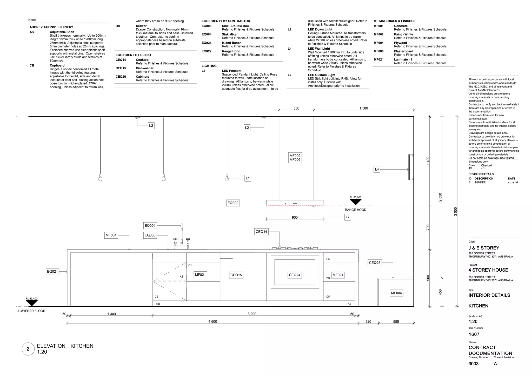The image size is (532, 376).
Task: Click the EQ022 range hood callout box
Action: tap(233, 203)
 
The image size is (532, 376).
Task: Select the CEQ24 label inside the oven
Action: tap(295, 275)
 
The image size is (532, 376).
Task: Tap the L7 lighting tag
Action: tap(348, 217)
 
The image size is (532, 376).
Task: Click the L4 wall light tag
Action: tap(377, 169)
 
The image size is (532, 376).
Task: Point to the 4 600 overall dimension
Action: tap(212, 321)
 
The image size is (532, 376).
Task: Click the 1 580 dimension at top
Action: tap(363, 108)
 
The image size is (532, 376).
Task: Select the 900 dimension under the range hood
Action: tap(295, 218)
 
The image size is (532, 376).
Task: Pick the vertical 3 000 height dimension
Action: tap(455, 211)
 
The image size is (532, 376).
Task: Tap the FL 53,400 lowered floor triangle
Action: tap(32, 303)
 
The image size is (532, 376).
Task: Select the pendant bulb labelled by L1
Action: tap(227, 179)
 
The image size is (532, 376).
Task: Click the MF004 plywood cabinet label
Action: tap(396, 293)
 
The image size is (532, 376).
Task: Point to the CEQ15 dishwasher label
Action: tap(236, 275)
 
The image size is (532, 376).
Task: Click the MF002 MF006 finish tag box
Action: tap(295, 158)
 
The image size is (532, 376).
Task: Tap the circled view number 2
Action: tap(28, 349)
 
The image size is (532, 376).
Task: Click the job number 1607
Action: tap(474, 334)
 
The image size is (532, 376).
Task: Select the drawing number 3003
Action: tap(473, 364)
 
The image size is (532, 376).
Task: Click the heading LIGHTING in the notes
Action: tap(209, 66)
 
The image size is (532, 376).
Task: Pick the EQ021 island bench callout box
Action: tap(52, 272)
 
